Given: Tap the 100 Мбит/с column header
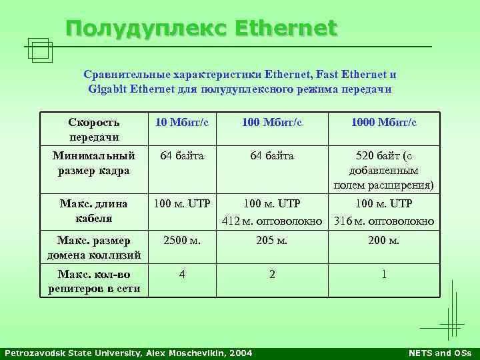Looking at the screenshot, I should [x=272, y=122].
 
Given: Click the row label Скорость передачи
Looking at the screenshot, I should [x=94, y=129].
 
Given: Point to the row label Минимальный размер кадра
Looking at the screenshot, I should [x=94, y=163].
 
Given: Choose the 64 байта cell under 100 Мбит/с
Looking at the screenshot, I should [x=272, y=156].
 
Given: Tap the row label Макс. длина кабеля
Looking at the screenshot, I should [x=94, y=211].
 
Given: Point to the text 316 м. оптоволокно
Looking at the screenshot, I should [x=384, y=221].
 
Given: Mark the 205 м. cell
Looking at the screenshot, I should [x=272, y=240].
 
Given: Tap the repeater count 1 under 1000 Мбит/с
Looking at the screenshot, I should [x=383, y=274].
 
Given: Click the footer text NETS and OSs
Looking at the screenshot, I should [x=439, y=352].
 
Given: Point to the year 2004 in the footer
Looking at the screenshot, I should [x=238, y=352].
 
